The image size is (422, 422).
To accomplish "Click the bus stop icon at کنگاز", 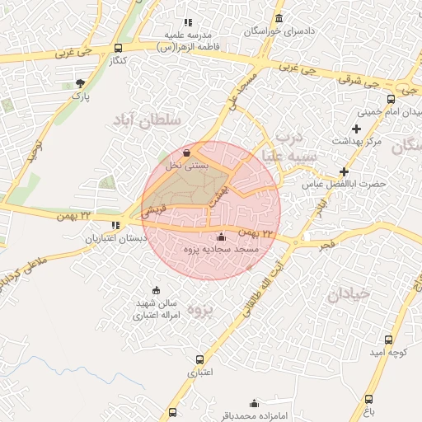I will pos(118,48).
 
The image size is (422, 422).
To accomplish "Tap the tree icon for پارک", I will pos(80,83).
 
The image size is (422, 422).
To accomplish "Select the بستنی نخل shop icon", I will pos(187,152).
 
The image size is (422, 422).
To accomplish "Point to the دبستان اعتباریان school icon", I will pos(115,225).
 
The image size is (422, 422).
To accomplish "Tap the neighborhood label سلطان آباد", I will pos(145,121).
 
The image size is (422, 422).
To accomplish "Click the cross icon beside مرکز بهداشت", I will pos(356,129).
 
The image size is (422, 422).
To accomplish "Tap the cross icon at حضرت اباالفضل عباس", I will pos(344,171).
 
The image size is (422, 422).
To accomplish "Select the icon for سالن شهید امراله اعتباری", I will pos(157,290).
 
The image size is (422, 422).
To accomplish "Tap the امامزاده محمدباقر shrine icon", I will pos(255,403).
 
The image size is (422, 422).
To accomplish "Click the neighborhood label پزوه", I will pos(200,311).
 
